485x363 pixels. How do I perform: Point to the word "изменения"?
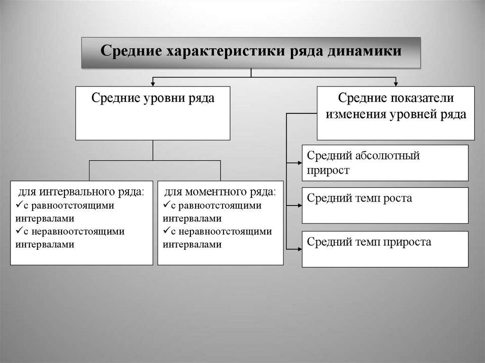pyautogui.click(x=355, y=114)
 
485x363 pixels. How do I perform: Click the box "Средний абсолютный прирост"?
pyautogui.click(x=385, y=163)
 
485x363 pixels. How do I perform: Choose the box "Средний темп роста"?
pyautogui.click(x=385, y=205)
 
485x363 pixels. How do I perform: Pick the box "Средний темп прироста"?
pyautogui.click(x=385, y=249)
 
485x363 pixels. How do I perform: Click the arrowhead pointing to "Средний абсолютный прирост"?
pyautogui.click(x=299, y=163)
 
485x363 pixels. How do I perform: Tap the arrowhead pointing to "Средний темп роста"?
pyautogui.click(x=299, y=205)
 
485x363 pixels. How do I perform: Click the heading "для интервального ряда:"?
pyautogui.click(x=81, y=193)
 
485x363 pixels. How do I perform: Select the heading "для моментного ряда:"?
pyautogui.click(x=220, y=193)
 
